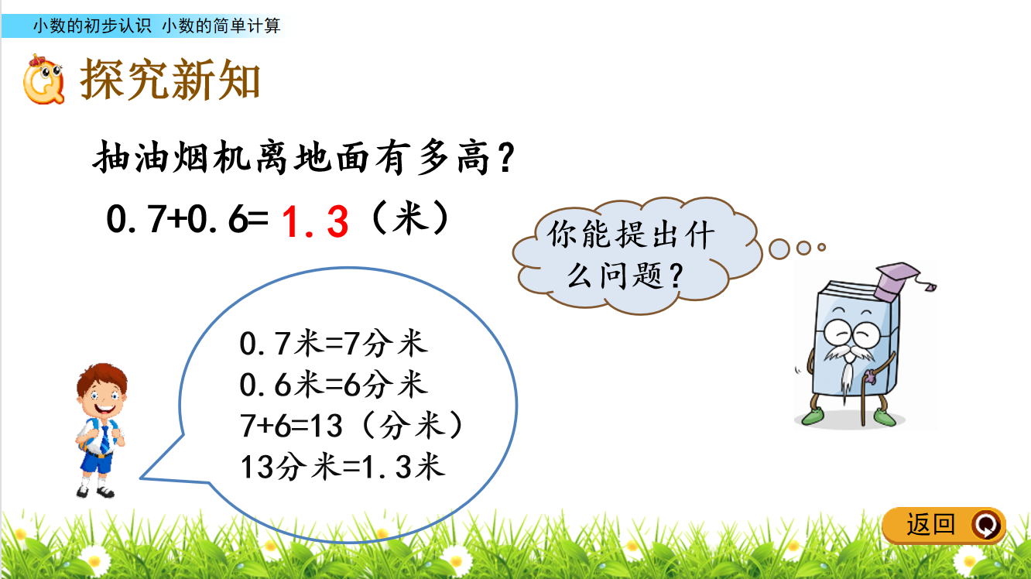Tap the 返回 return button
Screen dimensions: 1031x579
click(944, 525)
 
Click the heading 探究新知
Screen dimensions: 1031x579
click(170, 79)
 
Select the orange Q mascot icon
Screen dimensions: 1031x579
click(43, 80)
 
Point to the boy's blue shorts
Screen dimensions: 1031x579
click(98, 461)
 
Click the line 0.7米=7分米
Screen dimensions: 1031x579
click(334, 344)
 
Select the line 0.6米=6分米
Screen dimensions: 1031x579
click(334, 384)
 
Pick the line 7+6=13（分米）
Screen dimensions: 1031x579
click(351, 426)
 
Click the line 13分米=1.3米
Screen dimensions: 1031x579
click(342, 467)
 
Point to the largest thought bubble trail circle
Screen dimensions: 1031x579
click(779, 249)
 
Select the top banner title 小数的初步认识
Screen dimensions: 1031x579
click(92, 26)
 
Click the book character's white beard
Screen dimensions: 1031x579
click(848, 368)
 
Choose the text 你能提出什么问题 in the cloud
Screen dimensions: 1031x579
click(632, 255)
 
